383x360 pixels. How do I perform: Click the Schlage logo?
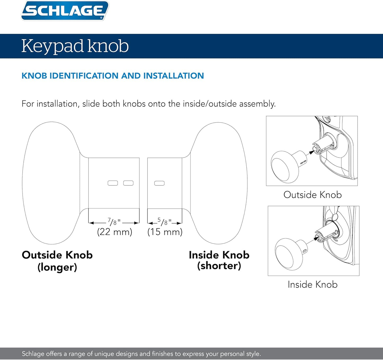65,11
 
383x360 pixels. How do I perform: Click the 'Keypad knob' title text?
75,46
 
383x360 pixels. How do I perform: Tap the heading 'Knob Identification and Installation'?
113,76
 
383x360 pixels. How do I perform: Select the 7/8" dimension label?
114,222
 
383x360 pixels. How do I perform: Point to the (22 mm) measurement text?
115,232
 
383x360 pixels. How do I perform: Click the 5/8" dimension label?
164,222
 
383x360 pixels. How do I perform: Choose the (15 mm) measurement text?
165,232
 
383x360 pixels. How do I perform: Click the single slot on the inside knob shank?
159,183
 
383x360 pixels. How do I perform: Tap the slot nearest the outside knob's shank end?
129,183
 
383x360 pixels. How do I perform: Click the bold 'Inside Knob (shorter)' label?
219,260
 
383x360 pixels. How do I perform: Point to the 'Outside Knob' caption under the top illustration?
312,195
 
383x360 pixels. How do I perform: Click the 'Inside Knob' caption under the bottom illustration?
312,284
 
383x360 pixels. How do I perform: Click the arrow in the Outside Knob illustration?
310,153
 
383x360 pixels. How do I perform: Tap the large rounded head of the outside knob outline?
50,183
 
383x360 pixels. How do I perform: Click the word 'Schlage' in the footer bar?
33,354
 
